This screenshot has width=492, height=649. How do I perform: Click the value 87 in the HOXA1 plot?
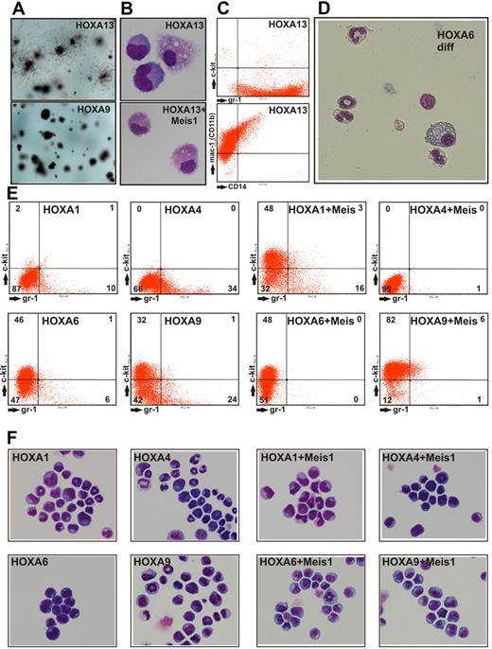18,287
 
